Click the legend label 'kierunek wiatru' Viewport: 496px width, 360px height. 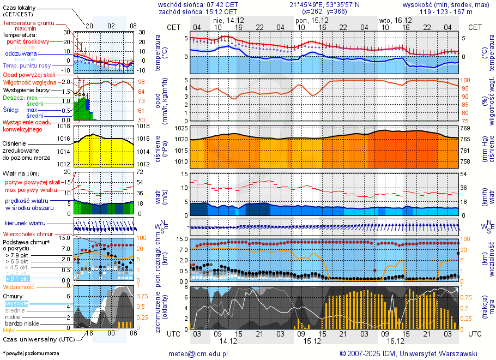(25, 224)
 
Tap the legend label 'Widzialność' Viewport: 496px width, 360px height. (19, 286)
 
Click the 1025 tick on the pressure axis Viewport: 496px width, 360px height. (182, 129)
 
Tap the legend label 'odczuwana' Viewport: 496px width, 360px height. (21, 54)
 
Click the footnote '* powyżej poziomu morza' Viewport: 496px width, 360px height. (31, 353)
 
